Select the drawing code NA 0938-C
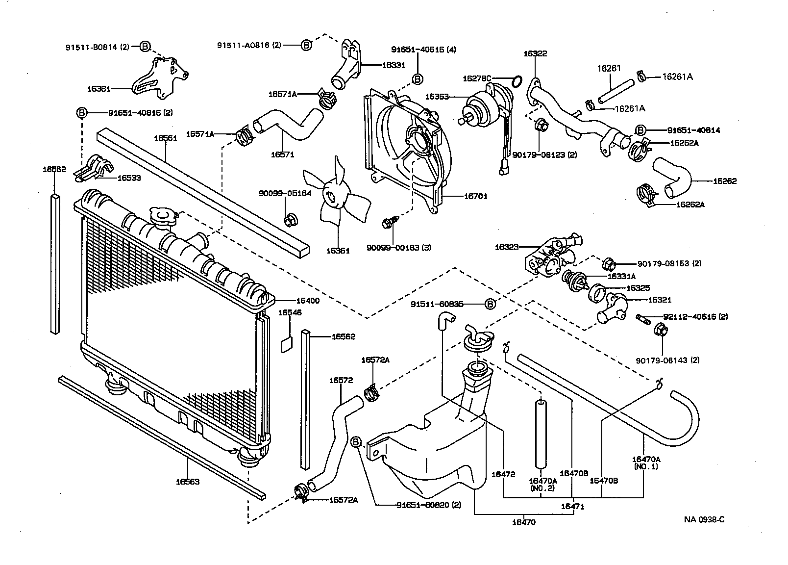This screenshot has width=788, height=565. coord(704,519)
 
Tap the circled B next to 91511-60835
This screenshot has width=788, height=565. coord(490,305)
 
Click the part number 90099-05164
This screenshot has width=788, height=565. coord(285,193)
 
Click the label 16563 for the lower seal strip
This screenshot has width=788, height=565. coord(188,482)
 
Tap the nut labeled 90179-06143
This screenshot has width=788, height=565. coord(660,331)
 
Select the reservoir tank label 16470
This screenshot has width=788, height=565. coord(523,522)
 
